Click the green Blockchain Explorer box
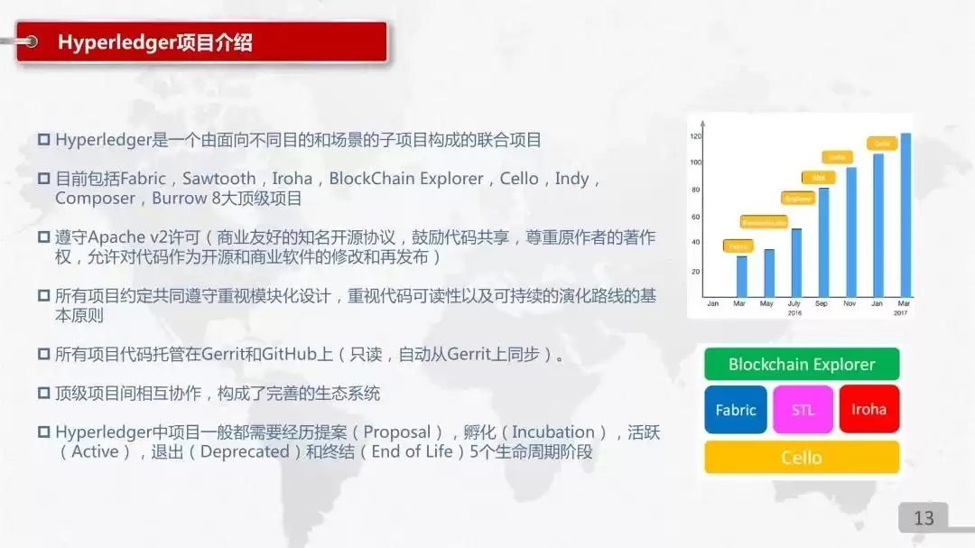(x=802, y=365)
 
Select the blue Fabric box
(x=736, y=410)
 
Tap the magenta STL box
(x=803, y=410)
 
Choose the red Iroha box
(x=868, y=410)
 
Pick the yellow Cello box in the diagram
(x=802, y=458)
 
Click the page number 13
(x=924, y=518)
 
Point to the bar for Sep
(x=823, y=241)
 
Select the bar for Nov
(x=850, y=231)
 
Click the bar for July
(x=796, y=262)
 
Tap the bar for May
(x=769, y=272)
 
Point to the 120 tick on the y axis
(x=696, y=136)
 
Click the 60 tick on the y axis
(x=696, y=217)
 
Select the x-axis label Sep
(x=821, y=303)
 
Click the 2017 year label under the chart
(x=901, y=312)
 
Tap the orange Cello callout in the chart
(x=882, y=144)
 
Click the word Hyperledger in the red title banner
(x=115, y=42)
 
